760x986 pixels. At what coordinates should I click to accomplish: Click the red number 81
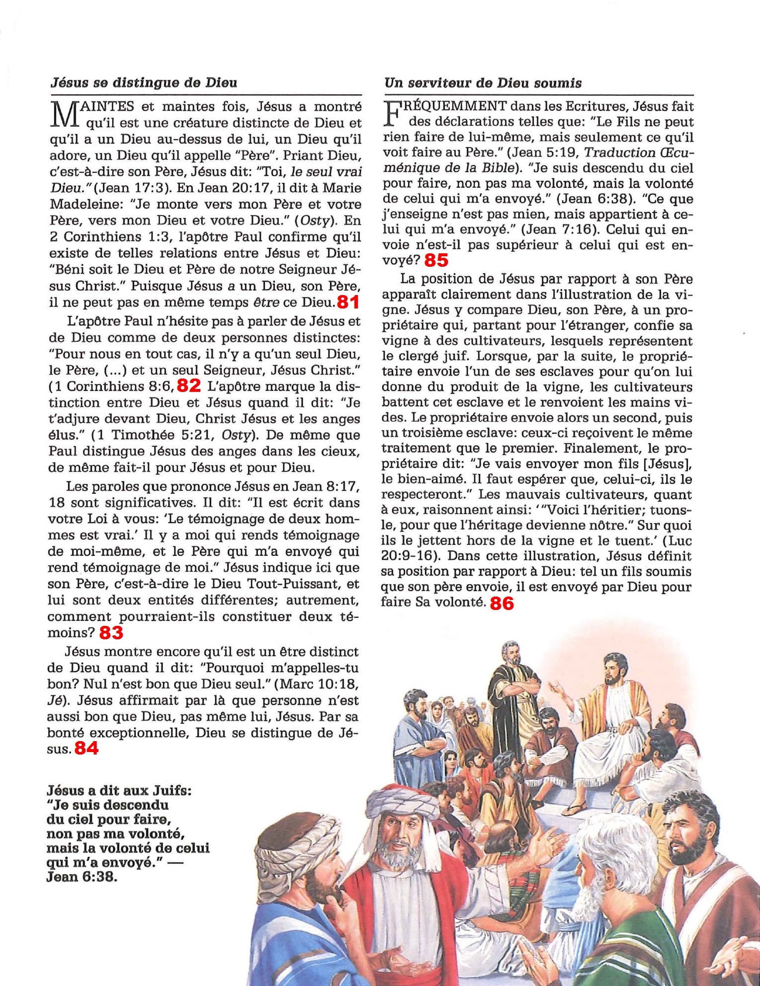348,302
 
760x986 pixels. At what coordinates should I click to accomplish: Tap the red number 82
189,385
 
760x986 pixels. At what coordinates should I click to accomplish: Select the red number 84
86,748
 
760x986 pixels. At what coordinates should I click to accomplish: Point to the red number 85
436,260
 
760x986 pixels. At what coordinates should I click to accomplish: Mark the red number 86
502,603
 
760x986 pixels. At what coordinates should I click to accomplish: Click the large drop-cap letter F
393,113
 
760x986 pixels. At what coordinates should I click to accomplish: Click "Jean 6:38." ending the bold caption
82,877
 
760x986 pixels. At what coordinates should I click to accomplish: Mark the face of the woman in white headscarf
437,715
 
